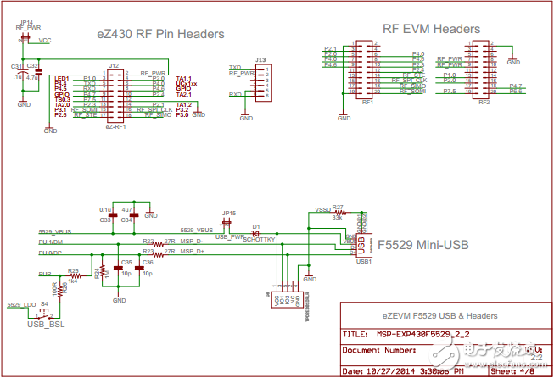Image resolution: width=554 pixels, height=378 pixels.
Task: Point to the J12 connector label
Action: point(113,65)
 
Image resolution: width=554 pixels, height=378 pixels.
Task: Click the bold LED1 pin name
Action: point(62,78)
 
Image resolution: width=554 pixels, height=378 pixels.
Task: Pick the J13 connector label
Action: point(260,59)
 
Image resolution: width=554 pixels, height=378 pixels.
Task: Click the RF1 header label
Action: point(367,102)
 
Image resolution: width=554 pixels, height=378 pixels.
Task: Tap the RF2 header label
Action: point(483,102)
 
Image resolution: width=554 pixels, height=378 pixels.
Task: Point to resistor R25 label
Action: point(74,271)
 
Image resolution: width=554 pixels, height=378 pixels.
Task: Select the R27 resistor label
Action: point(338,207)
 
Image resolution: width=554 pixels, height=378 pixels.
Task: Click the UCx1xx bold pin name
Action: point(187,84)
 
